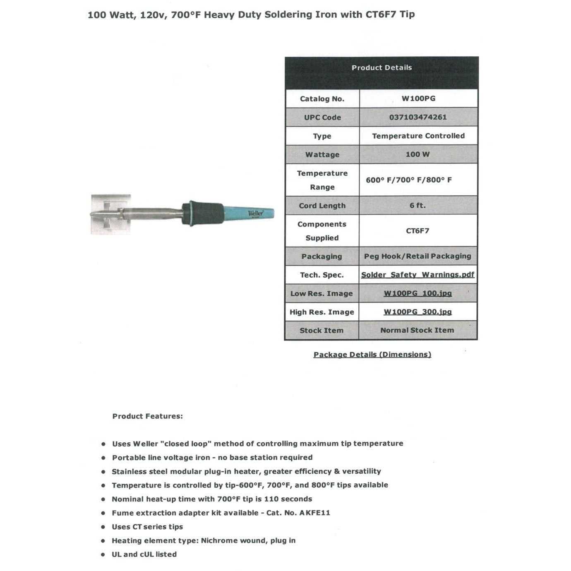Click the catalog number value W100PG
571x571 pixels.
click(418, 98)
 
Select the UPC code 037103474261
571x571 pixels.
click(418, 117)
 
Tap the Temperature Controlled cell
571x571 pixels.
click(418, 136)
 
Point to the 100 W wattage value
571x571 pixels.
click(417, 154)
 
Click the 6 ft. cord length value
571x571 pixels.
click(417, 205)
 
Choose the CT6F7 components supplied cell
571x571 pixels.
click(417, 231)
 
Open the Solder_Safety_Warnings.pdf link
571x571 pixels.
click(417, 275)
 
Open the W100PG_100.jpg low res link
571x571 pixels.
click(417, 293)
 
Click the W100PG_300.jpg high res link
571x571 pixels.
click(417, 312)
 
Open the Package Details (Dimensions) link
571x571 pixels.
click(372, 355)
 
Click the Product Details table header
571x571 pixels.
click(381, 68)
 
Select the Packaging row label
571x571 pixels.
click(321, 257)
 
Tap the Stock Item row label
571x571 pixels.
click(321, 331)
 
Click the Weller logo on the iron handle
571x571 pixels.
click(255, 214)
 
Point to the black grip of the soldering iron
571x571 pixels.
click(205, 214)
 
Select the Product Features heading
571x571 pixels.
click(147, 416)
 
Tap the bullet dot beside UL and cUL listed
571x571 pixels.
click(103, 555)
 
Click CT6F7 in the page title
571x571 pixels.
click(381, 14)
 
